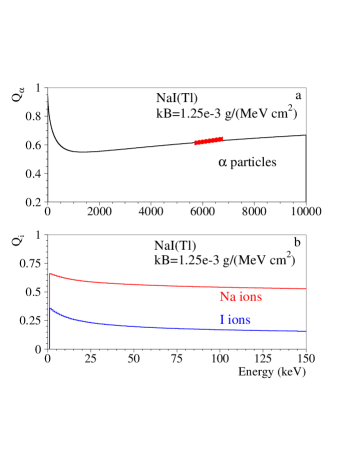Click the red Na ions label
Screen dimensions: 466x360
(240, 297)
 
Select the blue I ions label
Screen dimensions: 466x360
(234, 320)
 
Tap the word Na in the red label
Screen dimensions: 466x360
(226, 297)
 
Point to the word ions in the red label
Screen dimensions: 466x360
(249, 297)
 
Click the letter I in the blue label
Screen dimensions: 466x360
(220, 320)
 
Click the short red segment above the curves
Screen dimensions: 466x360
(209, 141)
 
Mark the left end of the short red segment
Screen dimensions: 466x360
(195, 143)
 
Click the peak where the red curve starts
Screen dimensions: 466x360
(50, 273)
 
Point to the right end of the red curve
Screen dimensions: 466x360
(306, 289)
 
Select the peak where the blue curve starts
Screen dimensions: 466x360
(50, 309)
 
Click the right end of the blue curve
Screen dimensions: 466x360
(306, 331)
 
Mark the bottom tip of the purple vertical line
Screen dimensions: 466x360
(50, 350)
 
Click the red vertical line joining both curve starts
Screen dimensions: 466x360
(50, 291)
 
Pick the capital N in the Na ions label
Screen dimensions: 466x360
(223, 297)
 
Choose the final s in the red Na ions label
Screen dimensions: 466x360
(259, 297)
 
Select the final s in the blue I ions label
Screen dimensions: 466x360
(248, 320)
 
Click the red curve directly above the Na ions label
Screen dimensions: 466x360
(240, 287)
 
